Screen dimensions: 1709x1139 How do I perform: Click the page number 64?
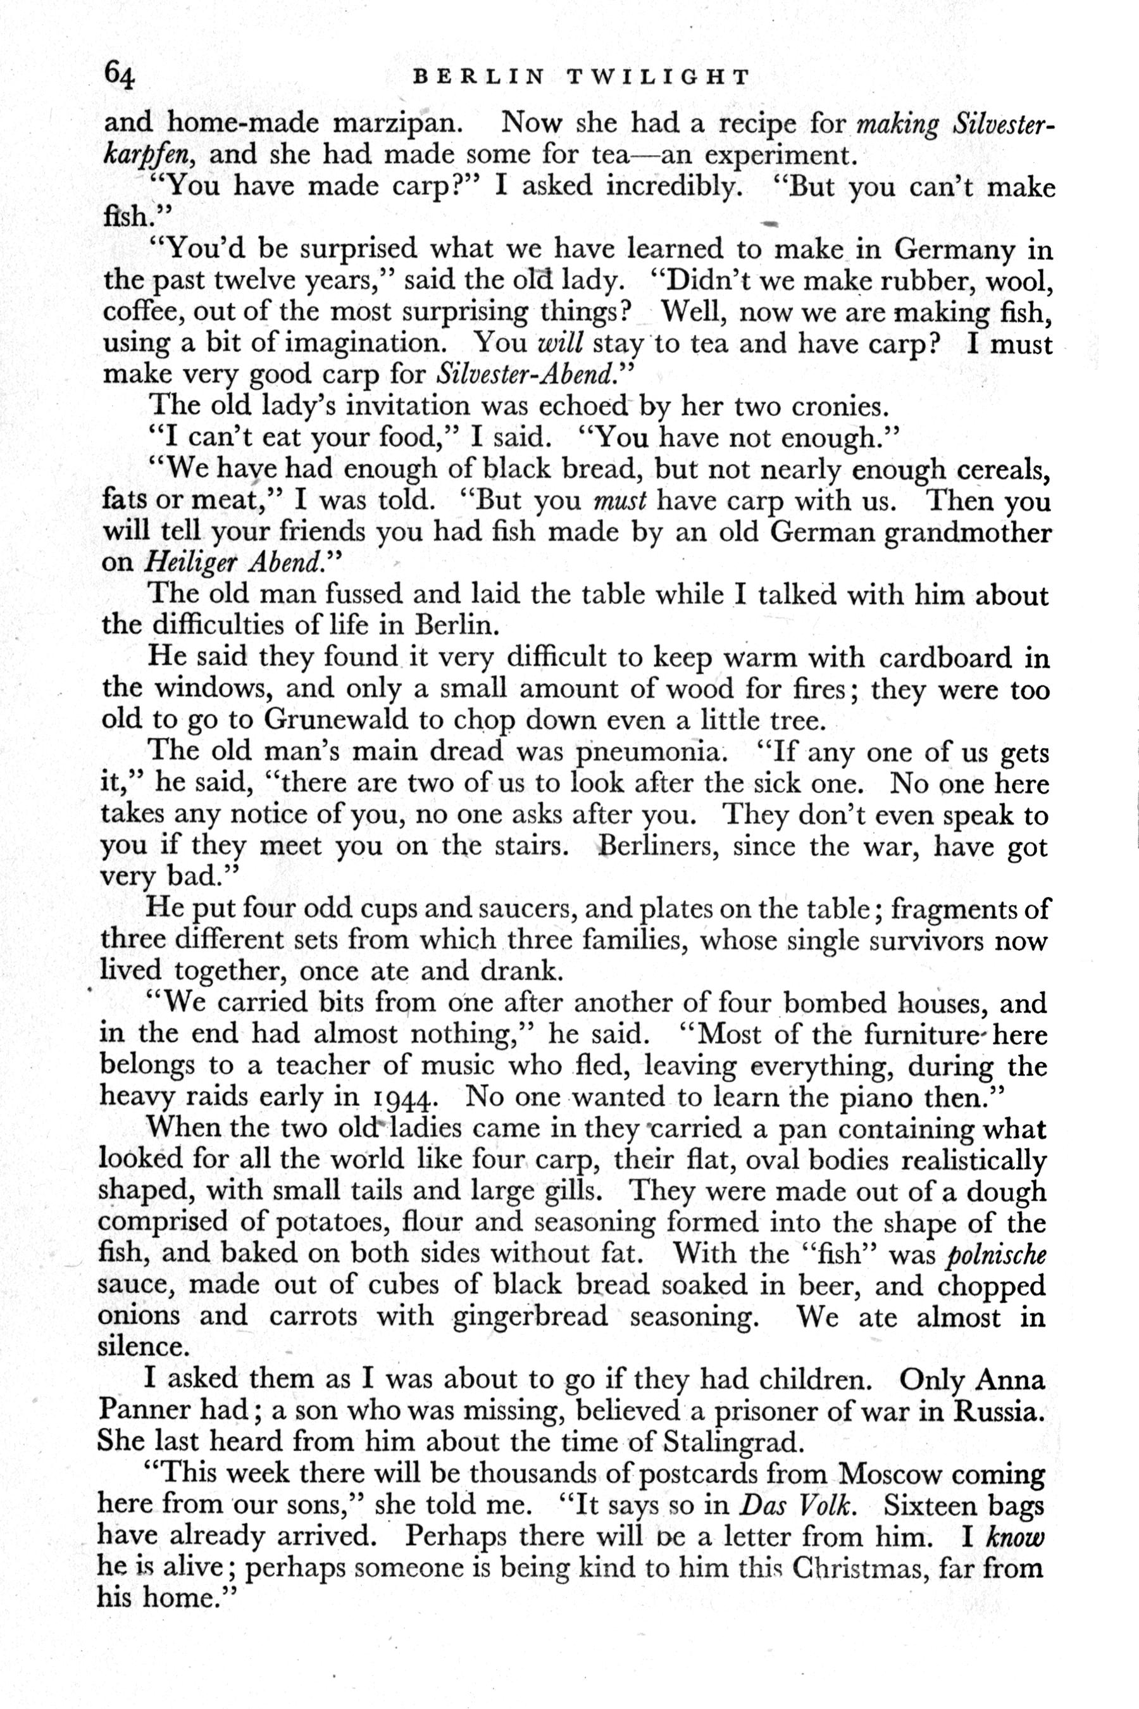tap(120, 74)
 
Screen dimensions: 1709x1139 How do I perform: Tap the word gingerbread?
tap(530, 1317)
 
